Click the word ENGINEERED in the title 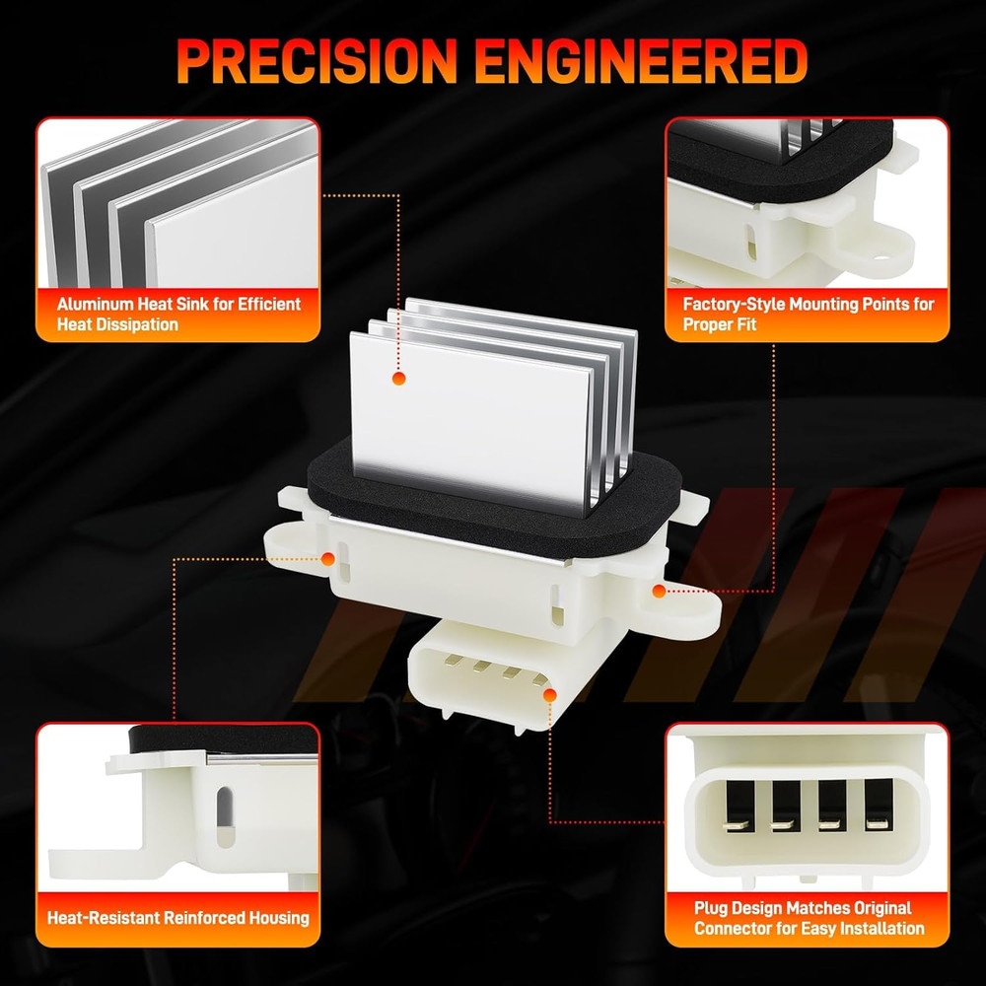pyautogui.click(x=641, y=61)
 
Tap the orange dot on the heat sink pyautogui.click(x=398, y=378)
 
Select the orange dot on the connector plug pyautogui.click(x=549, y=695)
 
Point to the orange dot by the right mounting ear pyautogui.click(x=659, y=591)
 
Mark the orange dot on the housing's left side pyautogui.click(x=327, y=559)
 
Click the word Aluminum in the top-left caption pyautogui.click(x=95, y=305)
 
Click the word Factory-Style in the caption pyautogui.click(x=734, y=305)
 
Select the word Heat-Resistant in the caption pyautogui.click(x=105, y=918)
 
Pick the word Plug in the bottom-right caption pyautogui.click(x=711, y=909)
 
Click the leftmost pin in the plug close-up pyautogui.click(x=737, y=824)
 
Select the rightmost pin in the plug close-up pyautogui.click(x=878, y=823)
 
